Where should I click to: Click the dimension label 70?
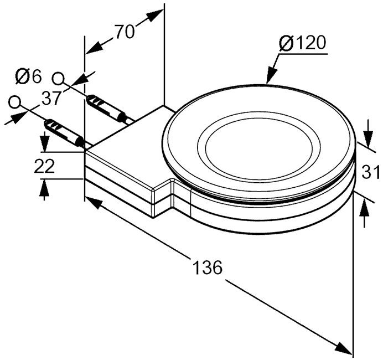(x=125, y=32)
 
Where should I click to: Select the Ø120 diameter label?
(x=303, y=44)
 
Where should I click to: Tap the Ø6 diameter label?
(x=28, y=76)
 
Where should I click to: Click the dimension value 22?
(x=44, y=166)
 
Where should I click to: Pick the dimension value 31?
(x=370, y=172)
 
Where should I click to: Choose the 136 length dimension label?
(x=208, y=268)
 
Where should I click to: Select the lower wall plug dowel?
(x=64, y=133)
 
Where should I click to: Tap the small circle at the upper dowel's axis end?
(x=58, y=79)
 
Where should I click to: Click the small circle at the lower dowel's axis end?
(x=14, y=102)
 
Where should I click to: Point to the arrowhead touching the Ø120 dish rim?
(x=271, y=75)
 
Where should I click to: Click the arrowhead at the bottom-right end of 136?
(x=344, y=348)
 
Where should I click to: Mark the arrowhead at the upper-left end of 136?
(x=94, y=203)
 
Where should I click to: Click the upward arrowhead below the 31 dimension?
(x=364, y=208)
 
